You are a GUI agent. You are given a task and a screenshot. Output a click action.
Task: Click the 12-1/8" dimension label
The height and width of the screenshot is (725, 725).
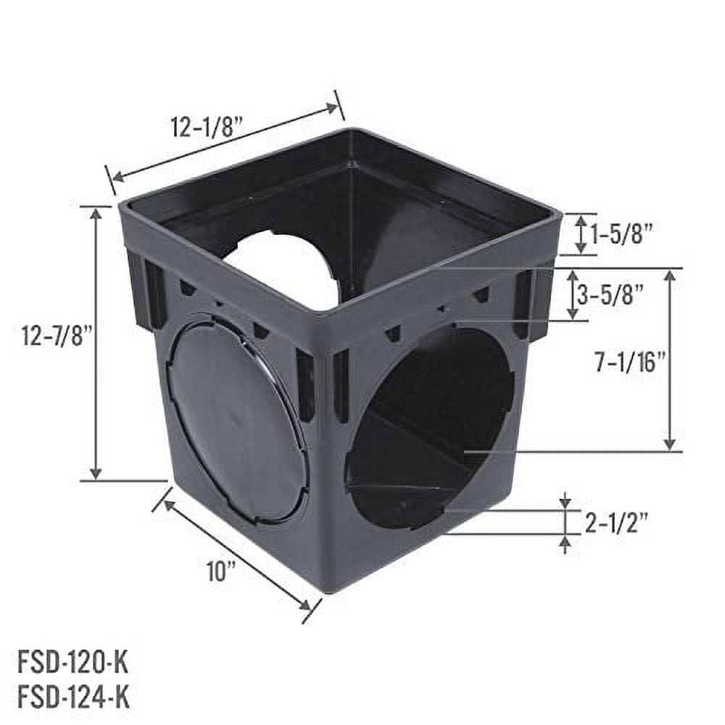pos(207,126)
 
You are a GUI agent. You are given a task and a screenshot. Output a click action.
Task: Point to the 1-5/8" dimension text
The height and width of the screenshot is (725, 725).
pos(621,234)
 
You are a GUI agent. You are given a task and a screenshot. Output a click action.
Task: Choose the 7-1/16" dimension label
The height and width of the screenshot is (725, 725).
pos(629,363)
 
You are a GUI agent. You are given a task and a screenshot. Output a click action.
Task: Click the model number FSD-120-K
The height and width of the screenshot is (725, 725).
pos(72,661)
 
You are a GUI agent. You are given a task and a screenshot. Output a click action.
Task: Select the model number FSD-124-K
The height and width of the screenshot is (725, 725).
pos(72,698)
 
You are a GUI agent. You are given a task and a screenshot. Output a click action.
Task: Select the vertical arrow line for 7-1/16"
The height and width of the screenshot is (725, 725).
pos(670,360)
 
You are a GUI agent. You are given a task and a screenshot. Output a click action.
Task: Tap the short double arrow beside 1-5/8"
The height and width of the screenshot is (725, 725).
pos(580,234)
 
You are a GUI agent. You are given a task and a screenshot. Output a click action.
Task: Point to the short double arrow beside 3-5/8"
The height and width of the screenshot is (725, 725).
pos(573,295)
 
